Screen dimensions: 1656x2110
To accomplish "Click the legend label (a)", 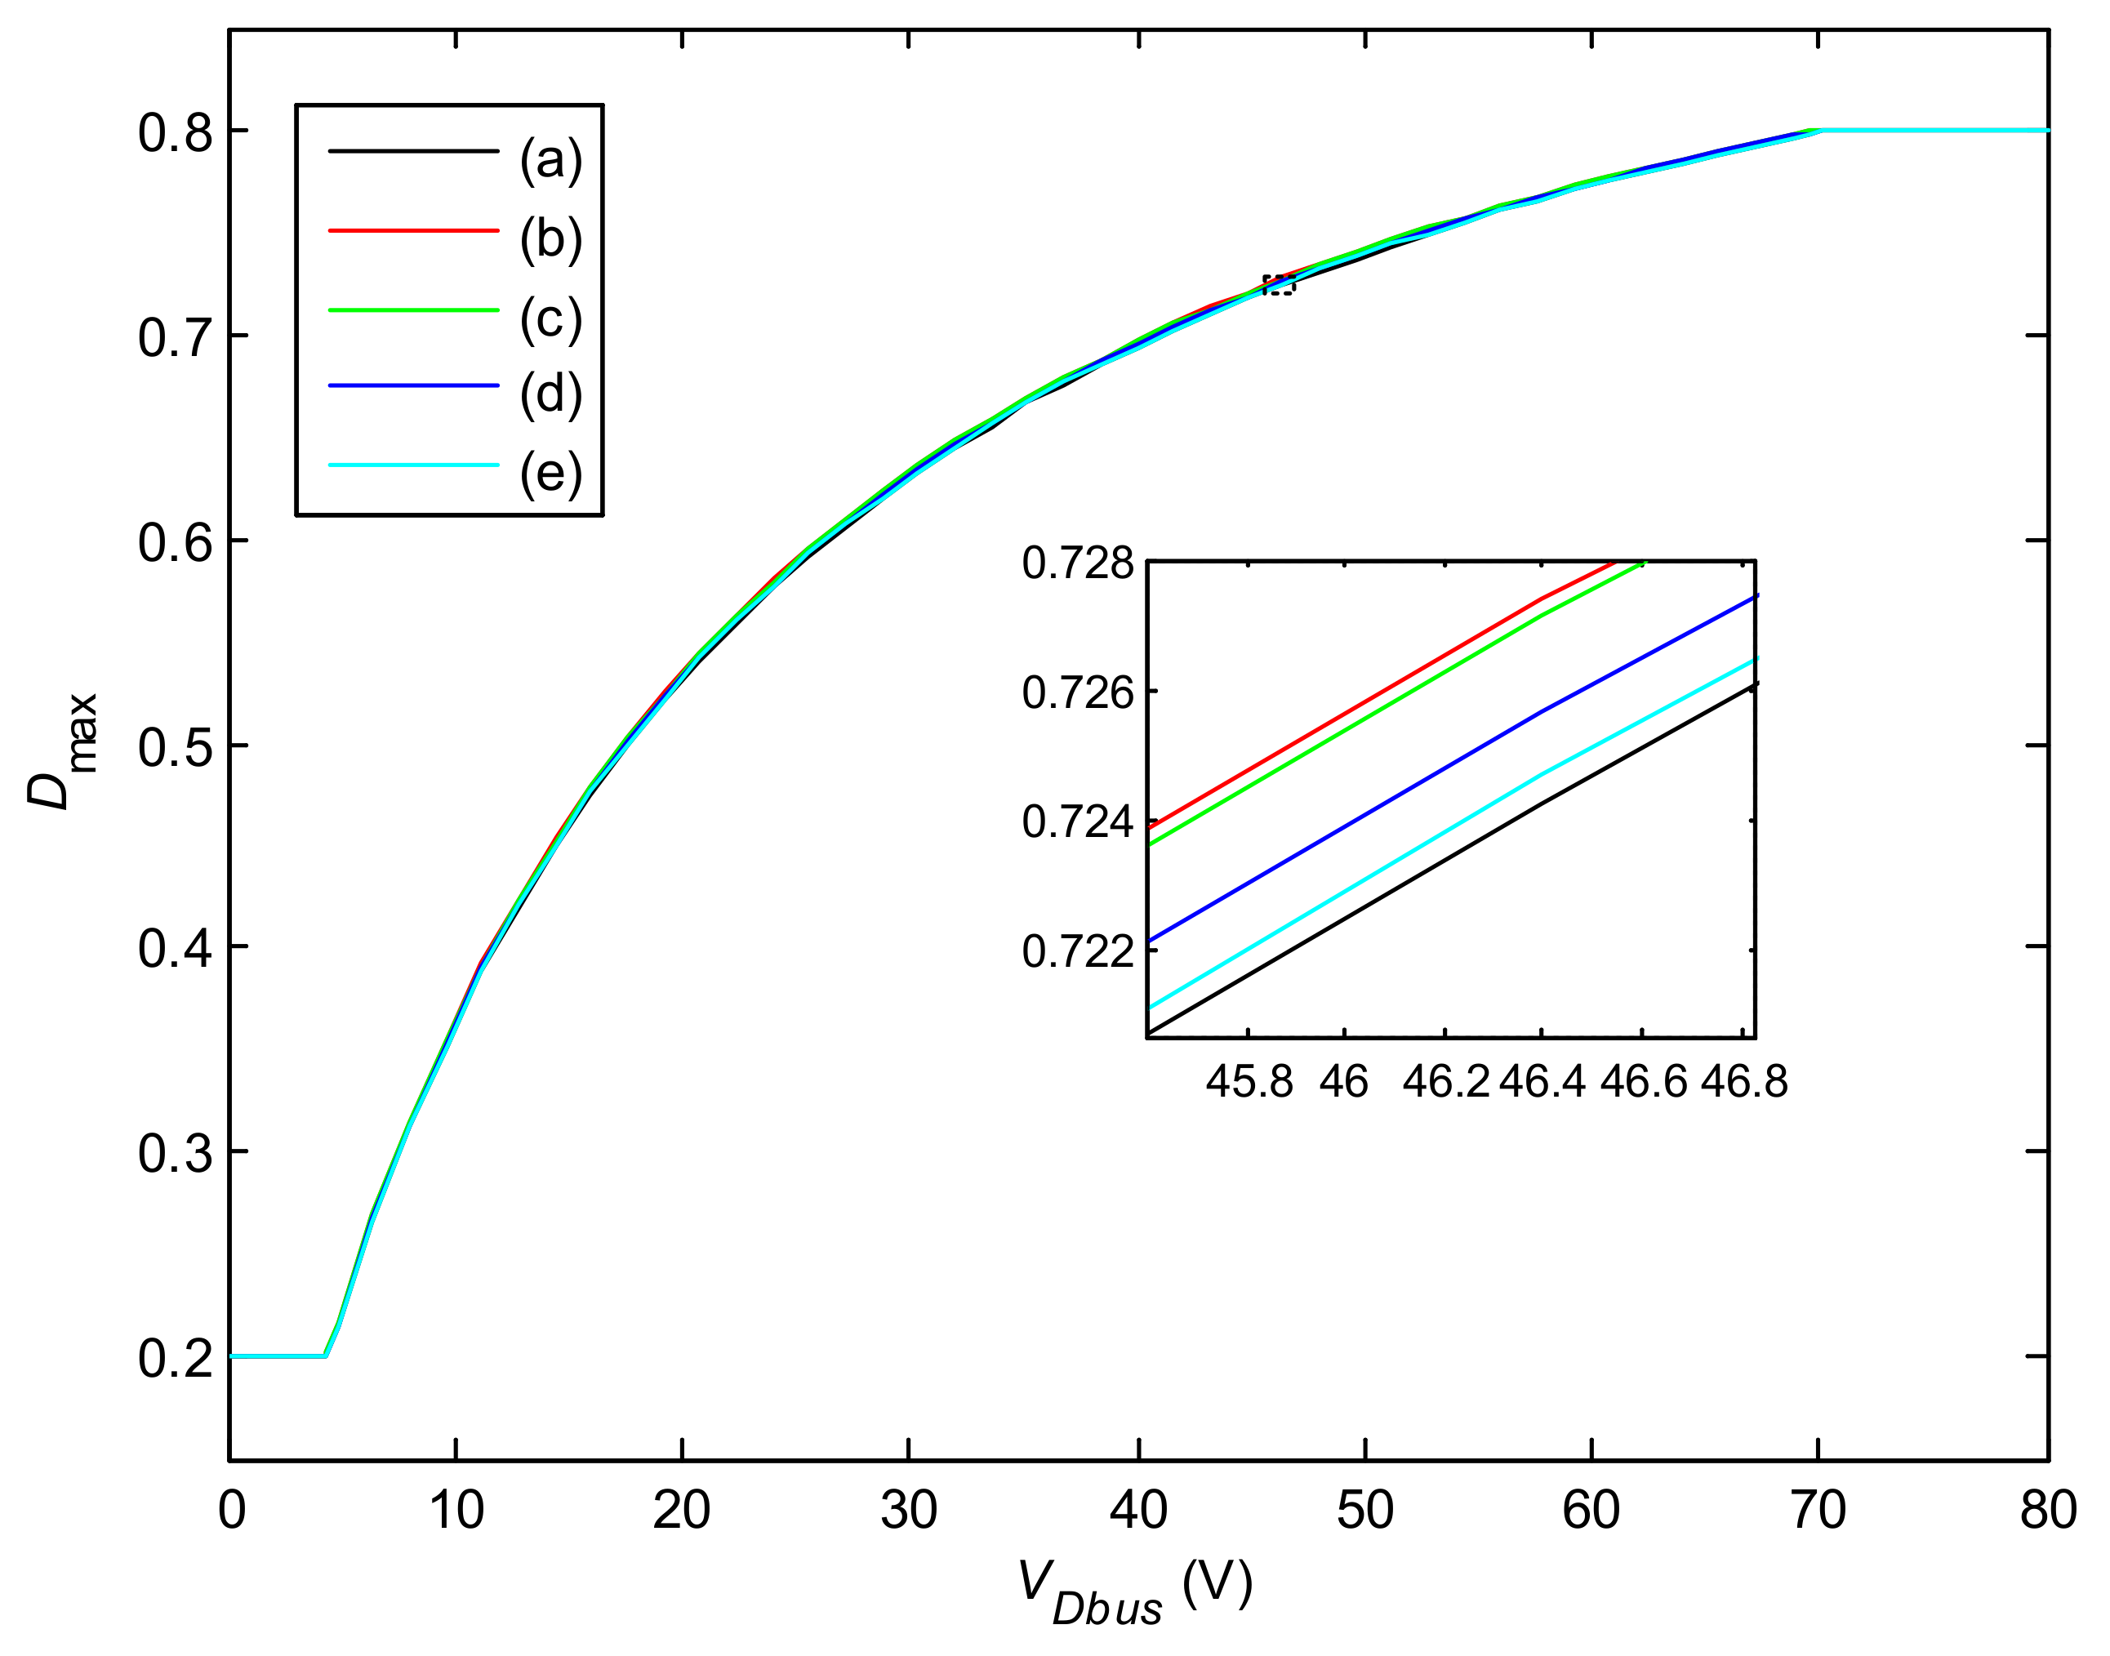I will (550, 160).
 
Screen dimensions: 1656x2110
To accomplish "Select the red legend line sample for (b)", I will (413, 231).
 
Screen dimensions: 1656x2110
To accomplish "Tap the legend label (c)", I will (550, 319).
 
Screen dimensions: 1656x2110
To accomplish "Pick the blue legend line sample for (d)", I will (413, 386).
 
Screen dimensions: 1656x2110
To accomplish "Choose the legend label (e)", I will (550, 474).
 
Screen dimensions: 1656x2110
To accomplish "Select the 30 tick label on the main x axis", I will (909, 1511).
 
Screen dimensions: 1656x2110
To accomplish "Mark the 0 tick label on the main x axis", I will (231, 1511).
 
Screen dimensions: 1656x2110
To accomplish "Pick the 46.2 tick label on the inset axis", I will (1445, 1082).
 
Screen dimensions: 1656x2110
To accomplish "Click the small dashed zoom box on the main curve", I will (1278, 285).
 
